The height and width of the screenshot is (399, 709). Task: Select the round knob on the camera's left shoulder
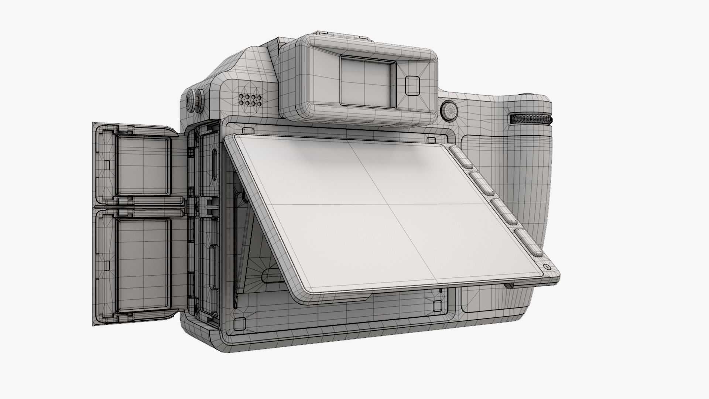(x=194, y=99)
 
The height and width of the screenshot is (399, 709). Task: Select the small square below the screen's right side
(x=437, y=306)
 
